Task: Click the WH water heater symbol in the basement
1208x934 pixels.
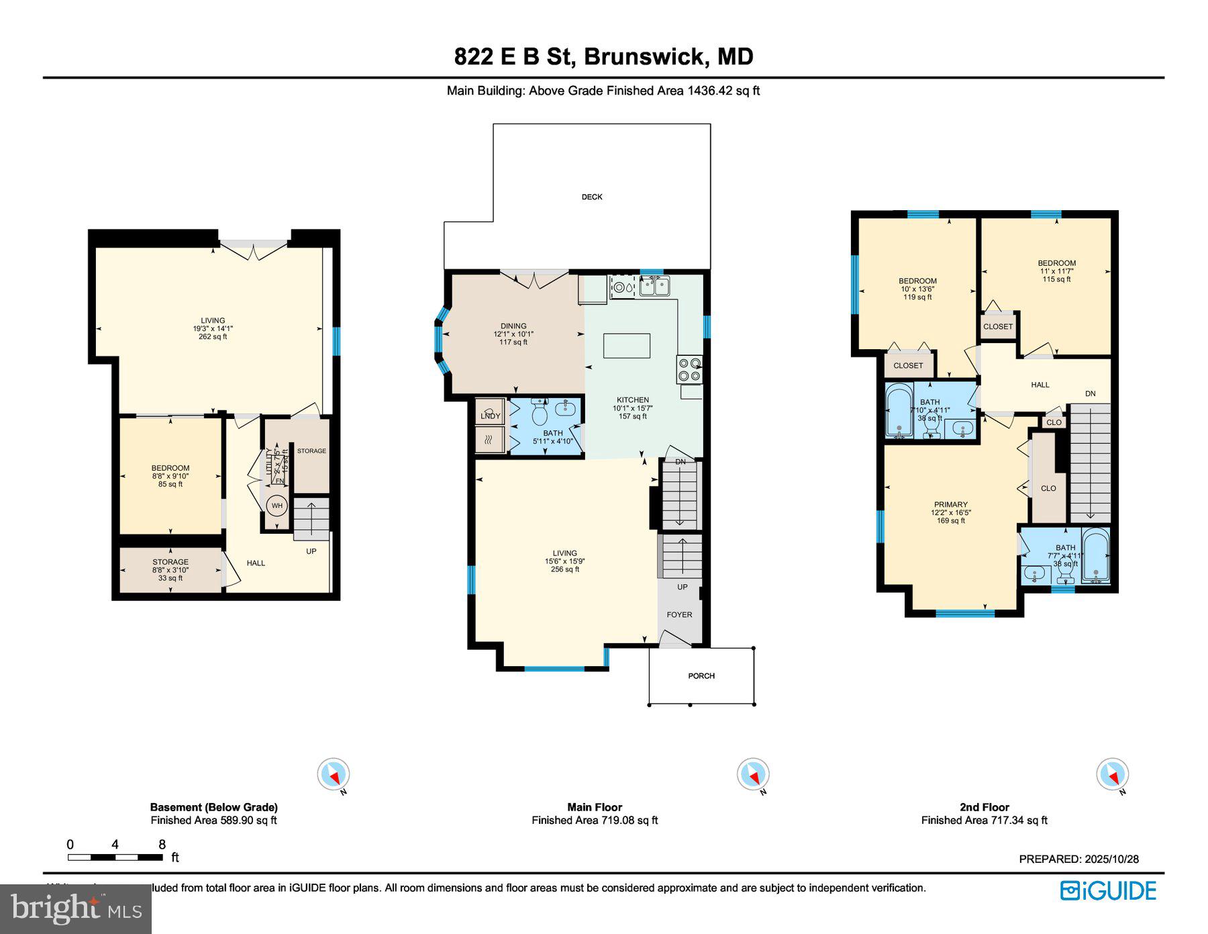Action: [277, 506]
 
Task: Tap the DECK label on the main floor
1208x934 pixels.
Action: [592, 197]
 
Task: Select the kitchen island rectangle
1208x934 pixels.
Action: [627, 346]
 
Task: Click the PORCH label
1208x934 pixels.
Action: [701, 675]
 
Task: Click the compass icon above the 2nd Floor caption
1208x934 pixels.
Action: [1112, 775]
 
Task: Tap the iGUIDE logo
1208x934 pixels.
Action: [1108, 891]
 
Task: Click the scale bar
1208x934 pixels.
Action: [115, 857]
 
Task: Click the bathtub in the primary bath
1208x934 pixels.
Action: [1096, 555]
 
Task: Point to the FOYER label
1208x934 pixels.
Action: [679, 614]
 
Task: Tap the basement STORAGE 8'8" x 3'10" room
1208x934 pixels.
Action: [170, 570]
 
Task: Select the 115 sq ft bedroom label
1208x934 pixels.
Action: [1056, 271]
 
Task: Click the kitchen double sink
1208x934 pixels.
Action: [654, 287]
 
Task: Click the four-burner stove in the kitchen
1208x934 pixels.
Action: [689, 369]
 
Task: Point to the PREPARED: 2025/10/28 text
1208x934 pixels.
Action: [1078, 859]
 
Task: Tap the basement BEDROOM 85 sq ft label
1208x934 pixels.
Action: [170, 475]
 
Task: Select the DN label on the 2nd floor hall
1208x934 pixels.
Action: [1090, 393]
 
